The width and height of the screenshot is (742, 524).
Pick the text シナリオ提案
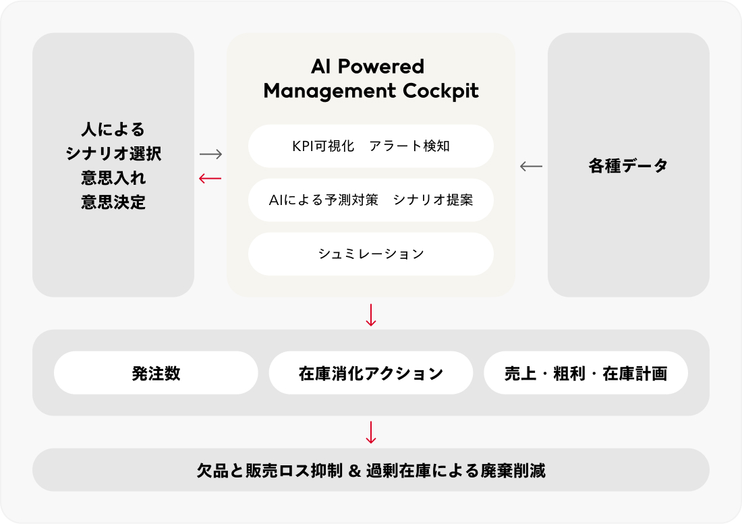click(x=432, y=200)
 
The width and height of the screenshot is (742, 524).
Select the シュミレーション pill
click(x=371, y=254)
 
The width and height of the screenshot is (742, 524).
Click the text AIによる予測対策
click(x=323, y=200)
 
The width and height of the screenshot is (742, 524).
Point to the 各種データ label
click(x=628, y=166)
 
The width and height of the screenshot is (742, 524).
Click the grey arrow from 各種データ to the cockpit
click(x=531, y=166)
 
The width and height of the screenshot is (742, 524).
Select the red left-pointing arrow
click(x=210, y=178)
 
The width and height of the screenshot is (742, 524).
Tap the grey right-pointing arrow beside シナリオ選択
click(x=210, y=154)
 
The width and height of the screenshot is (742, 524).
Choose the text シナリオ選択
click(x=113, y=154)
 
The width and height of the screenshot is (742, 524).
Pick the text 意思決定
click(x=113, y=202)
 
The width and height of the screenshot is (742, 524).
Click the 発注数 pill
click(x=156, y=373)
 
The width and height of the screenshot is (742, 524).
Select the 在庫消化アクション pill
click(x=371, y=373)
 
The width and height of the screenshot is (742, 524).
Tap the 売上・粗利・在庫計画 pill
click(x=586, y=373)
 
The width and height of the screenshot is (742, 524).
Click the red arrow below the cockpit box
click(x=370, y=315)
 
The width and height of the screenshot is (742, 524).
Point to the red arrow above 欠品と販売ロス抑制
click(x=370, y=432)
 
